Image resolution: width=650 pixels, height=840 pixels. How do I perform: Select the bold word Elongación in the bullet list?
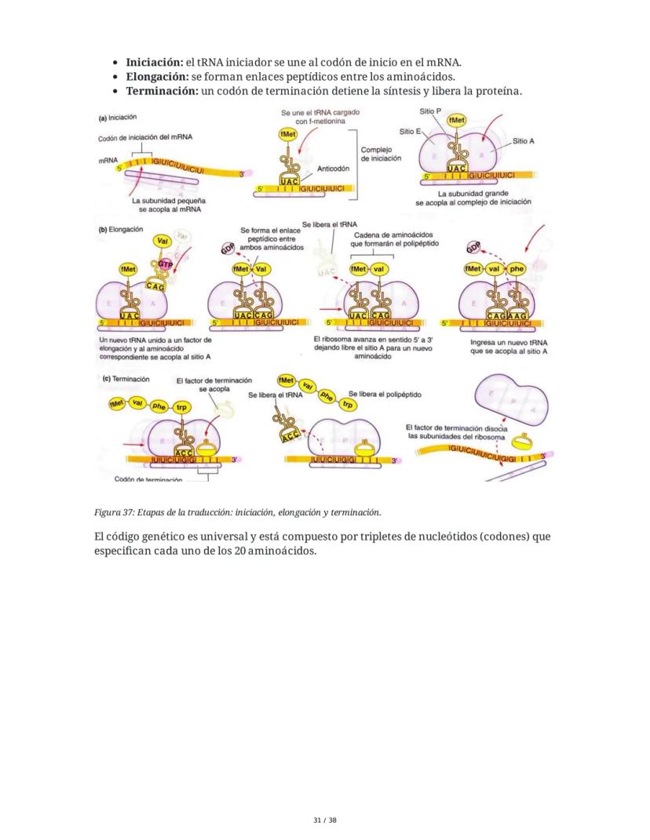[x=156, y=77]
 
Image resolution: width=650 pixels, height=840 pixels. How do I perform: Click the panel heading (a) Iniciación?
[x=118, y=118]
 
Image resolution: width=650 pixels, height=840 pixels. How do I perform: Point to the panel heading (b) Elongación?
[x=121, y=230]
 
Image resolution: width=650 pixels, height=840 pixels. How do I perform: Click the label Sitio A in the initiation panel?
[x=524, y=141]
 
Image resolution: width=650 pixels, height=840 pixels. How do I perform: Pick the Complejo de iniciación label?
[x=381, y=153]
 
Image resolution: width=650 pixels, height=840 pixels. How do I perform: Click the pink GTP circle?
[x=165, y=265]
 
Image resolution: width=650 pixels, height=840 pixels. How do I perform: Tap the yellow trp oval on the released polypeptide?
[x=348, y=405]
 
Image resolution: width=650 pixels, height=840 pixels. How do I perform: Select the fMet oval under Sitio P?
[x=456, y=120]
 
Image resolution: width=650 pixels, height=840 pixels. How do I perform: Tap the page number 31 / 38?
[x=324, y=820]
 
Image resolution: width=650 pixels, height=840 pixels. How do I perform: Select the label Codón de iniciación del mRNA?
[x=145, y=136]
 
